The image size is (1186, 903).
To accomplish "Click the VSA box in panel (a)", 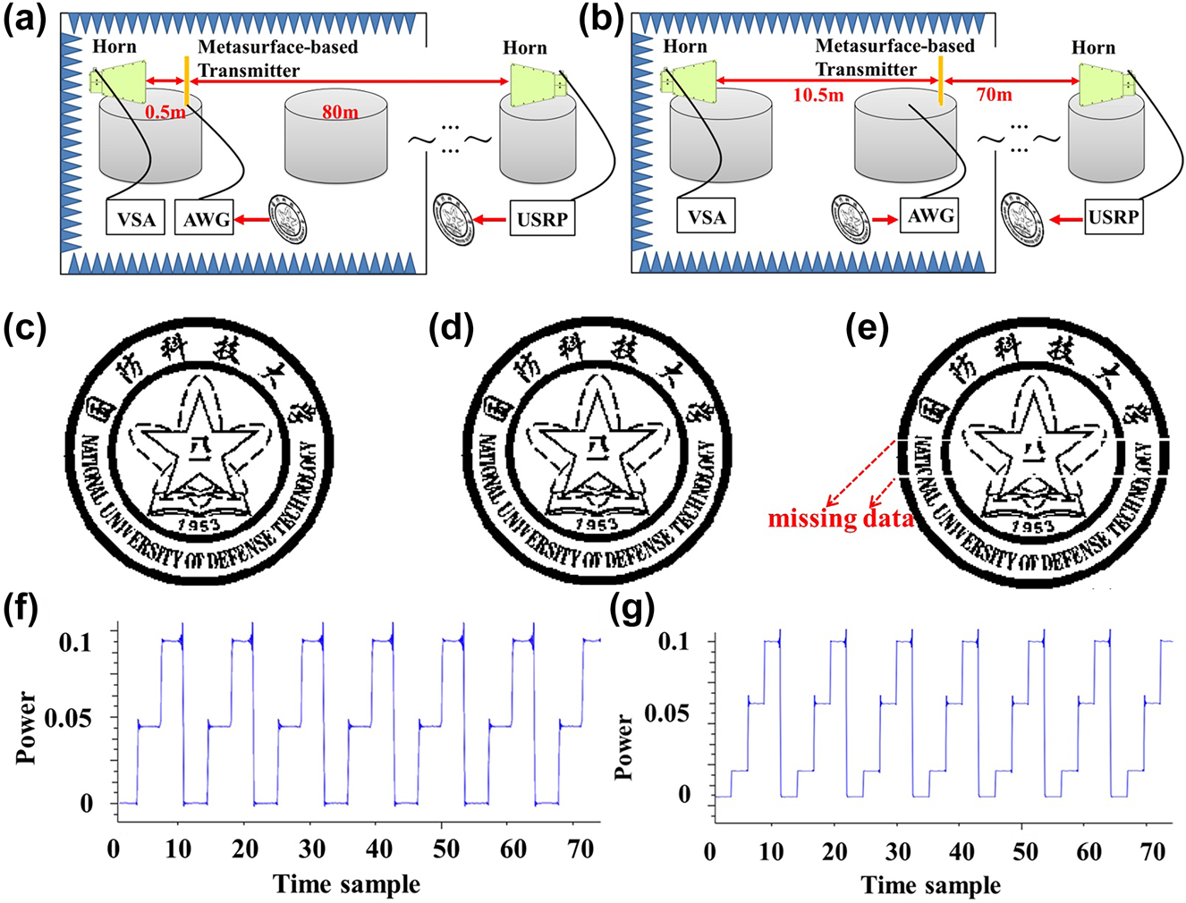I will (136, 219).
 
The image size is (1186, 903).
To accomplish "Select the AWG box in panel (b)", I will (931, 216).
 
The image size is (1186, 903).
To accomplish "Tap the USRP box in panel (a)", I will (541, 219).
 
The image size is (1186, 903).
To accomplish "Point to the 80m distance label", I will (339, 113).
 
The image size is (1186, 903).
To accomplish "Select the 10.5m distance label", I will (818, 95).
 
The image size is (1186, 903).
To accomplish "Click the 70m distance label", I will (993, 94).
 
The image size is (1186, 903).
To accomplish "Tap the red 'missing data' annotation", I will (840, 519).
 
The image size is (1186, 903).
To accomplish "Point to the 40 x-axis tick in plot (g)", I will (962, 851).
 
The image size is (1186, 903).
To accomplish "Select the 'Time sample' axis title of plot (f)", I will (347, 884).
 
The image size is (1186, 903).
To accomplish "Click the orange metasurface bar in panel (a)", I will (186, 81).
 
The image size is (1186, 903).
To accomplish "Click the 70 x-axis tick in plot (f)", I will (580, 849).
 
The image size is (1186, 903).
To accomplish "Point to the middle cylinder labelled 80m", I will (336, 139).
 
